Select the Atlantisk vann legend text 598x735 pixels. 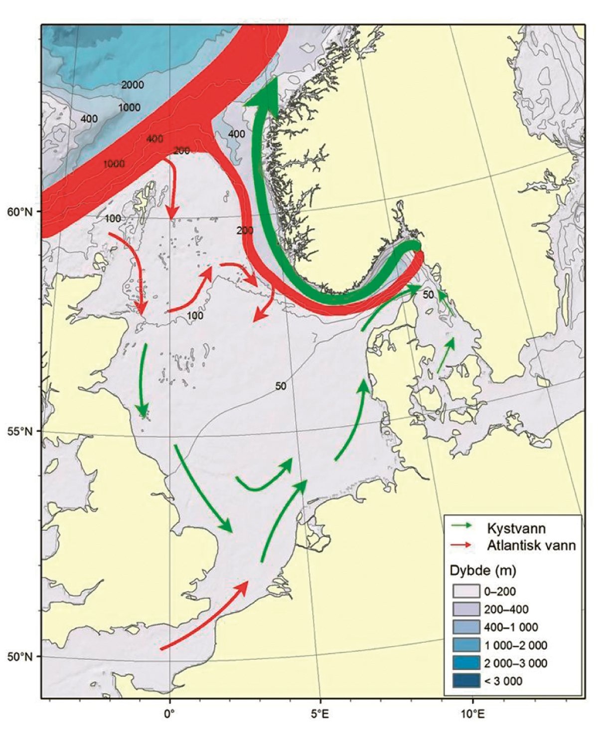click(x=531, y=545)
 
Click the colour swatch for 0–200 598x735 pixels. click(x=465, y=591)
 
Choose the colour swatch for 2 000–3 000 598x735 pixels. click(x=465, y=663)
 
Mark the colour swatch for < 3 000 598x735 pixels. click(x=465, y=681)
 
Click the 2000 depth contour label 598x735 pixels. click(x=133, y=85)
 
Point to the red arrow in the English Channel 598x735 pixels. click(x=204, y=616)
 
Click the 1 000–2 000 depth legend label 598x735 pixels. click(x=516, y=645)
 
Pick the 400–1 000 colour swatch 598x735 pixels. click(x=465, y=627)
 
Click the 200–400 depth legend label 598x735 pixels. click(x=506, y=609)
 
